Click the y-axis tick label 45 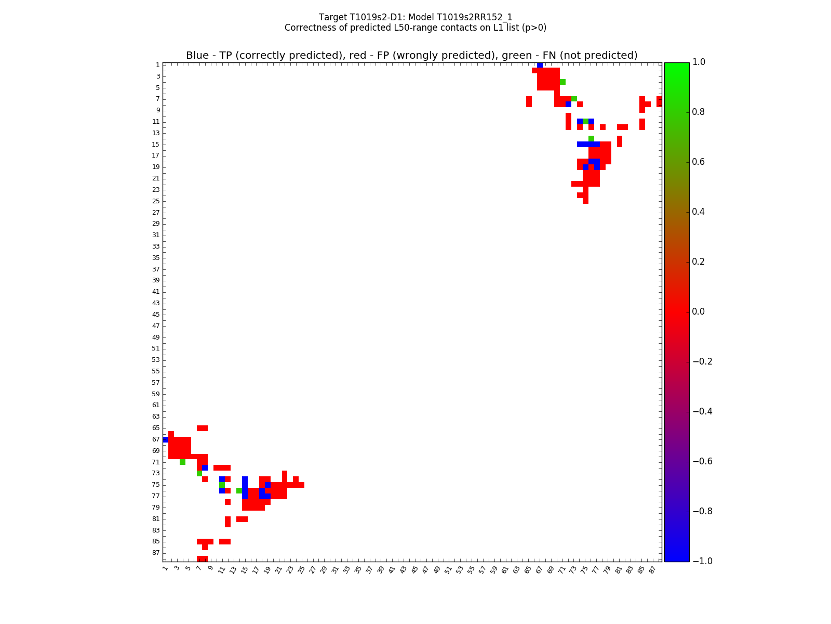[156, 315]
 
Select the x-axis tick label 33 [346, 569]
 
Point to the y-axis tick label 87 [156, 553]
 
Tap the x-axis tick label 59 [494, 569]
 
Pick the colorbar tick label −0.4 [702, 411]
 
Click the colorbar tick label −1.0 [702, 561]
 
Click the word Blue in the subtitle [197, 56]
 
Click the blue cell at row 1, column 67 [540, 65]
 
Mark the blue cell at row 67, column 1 [166, 439]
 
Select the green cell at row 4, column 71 [562, 82]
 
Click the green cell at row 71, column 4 [182, 462]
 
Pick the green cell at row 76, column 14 [239, 490]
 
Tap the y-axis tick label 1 [157, 65]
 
